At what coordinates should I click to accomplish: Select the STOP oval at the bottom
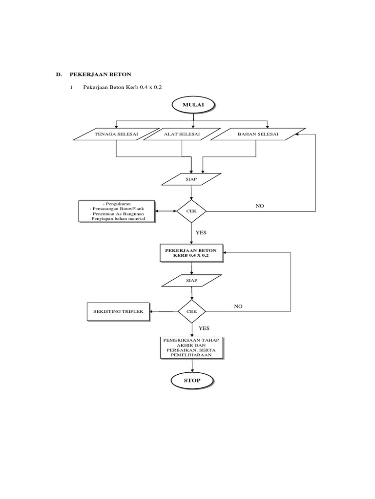(192, 381)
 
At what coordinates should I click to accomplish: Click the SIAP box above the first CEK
(191, 179)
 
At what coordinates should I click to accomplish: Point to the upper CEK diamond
(191, 211)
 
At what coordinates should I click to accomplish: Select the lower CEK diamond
(191, 311)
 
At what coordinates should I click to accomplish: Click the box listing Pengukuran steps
(117, 211)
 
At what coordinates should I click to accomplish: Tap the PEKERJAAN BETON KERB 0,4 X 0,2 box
(191, 252)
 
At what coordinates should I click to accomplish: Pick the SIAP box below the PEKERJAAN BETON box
(191, 281)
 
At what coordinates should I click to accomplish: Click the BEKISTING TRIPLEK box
(118, 311)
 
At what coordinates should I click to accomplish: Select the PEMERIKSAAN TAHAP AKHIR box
(191, 347)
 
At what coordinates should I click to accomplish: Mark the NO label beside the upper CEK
(259, 206)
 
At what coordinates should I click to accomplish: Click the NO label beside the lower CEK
(238, 307)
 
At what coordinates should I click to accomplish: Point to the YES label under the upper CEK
(201, 233)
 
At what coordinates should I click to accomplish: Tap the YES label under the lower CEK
(203, 329)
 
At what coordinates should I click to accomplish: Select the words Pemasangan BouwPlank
(117, 209)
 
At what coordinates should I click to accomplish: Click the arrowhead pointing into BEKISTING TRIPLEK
(151, 311)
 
